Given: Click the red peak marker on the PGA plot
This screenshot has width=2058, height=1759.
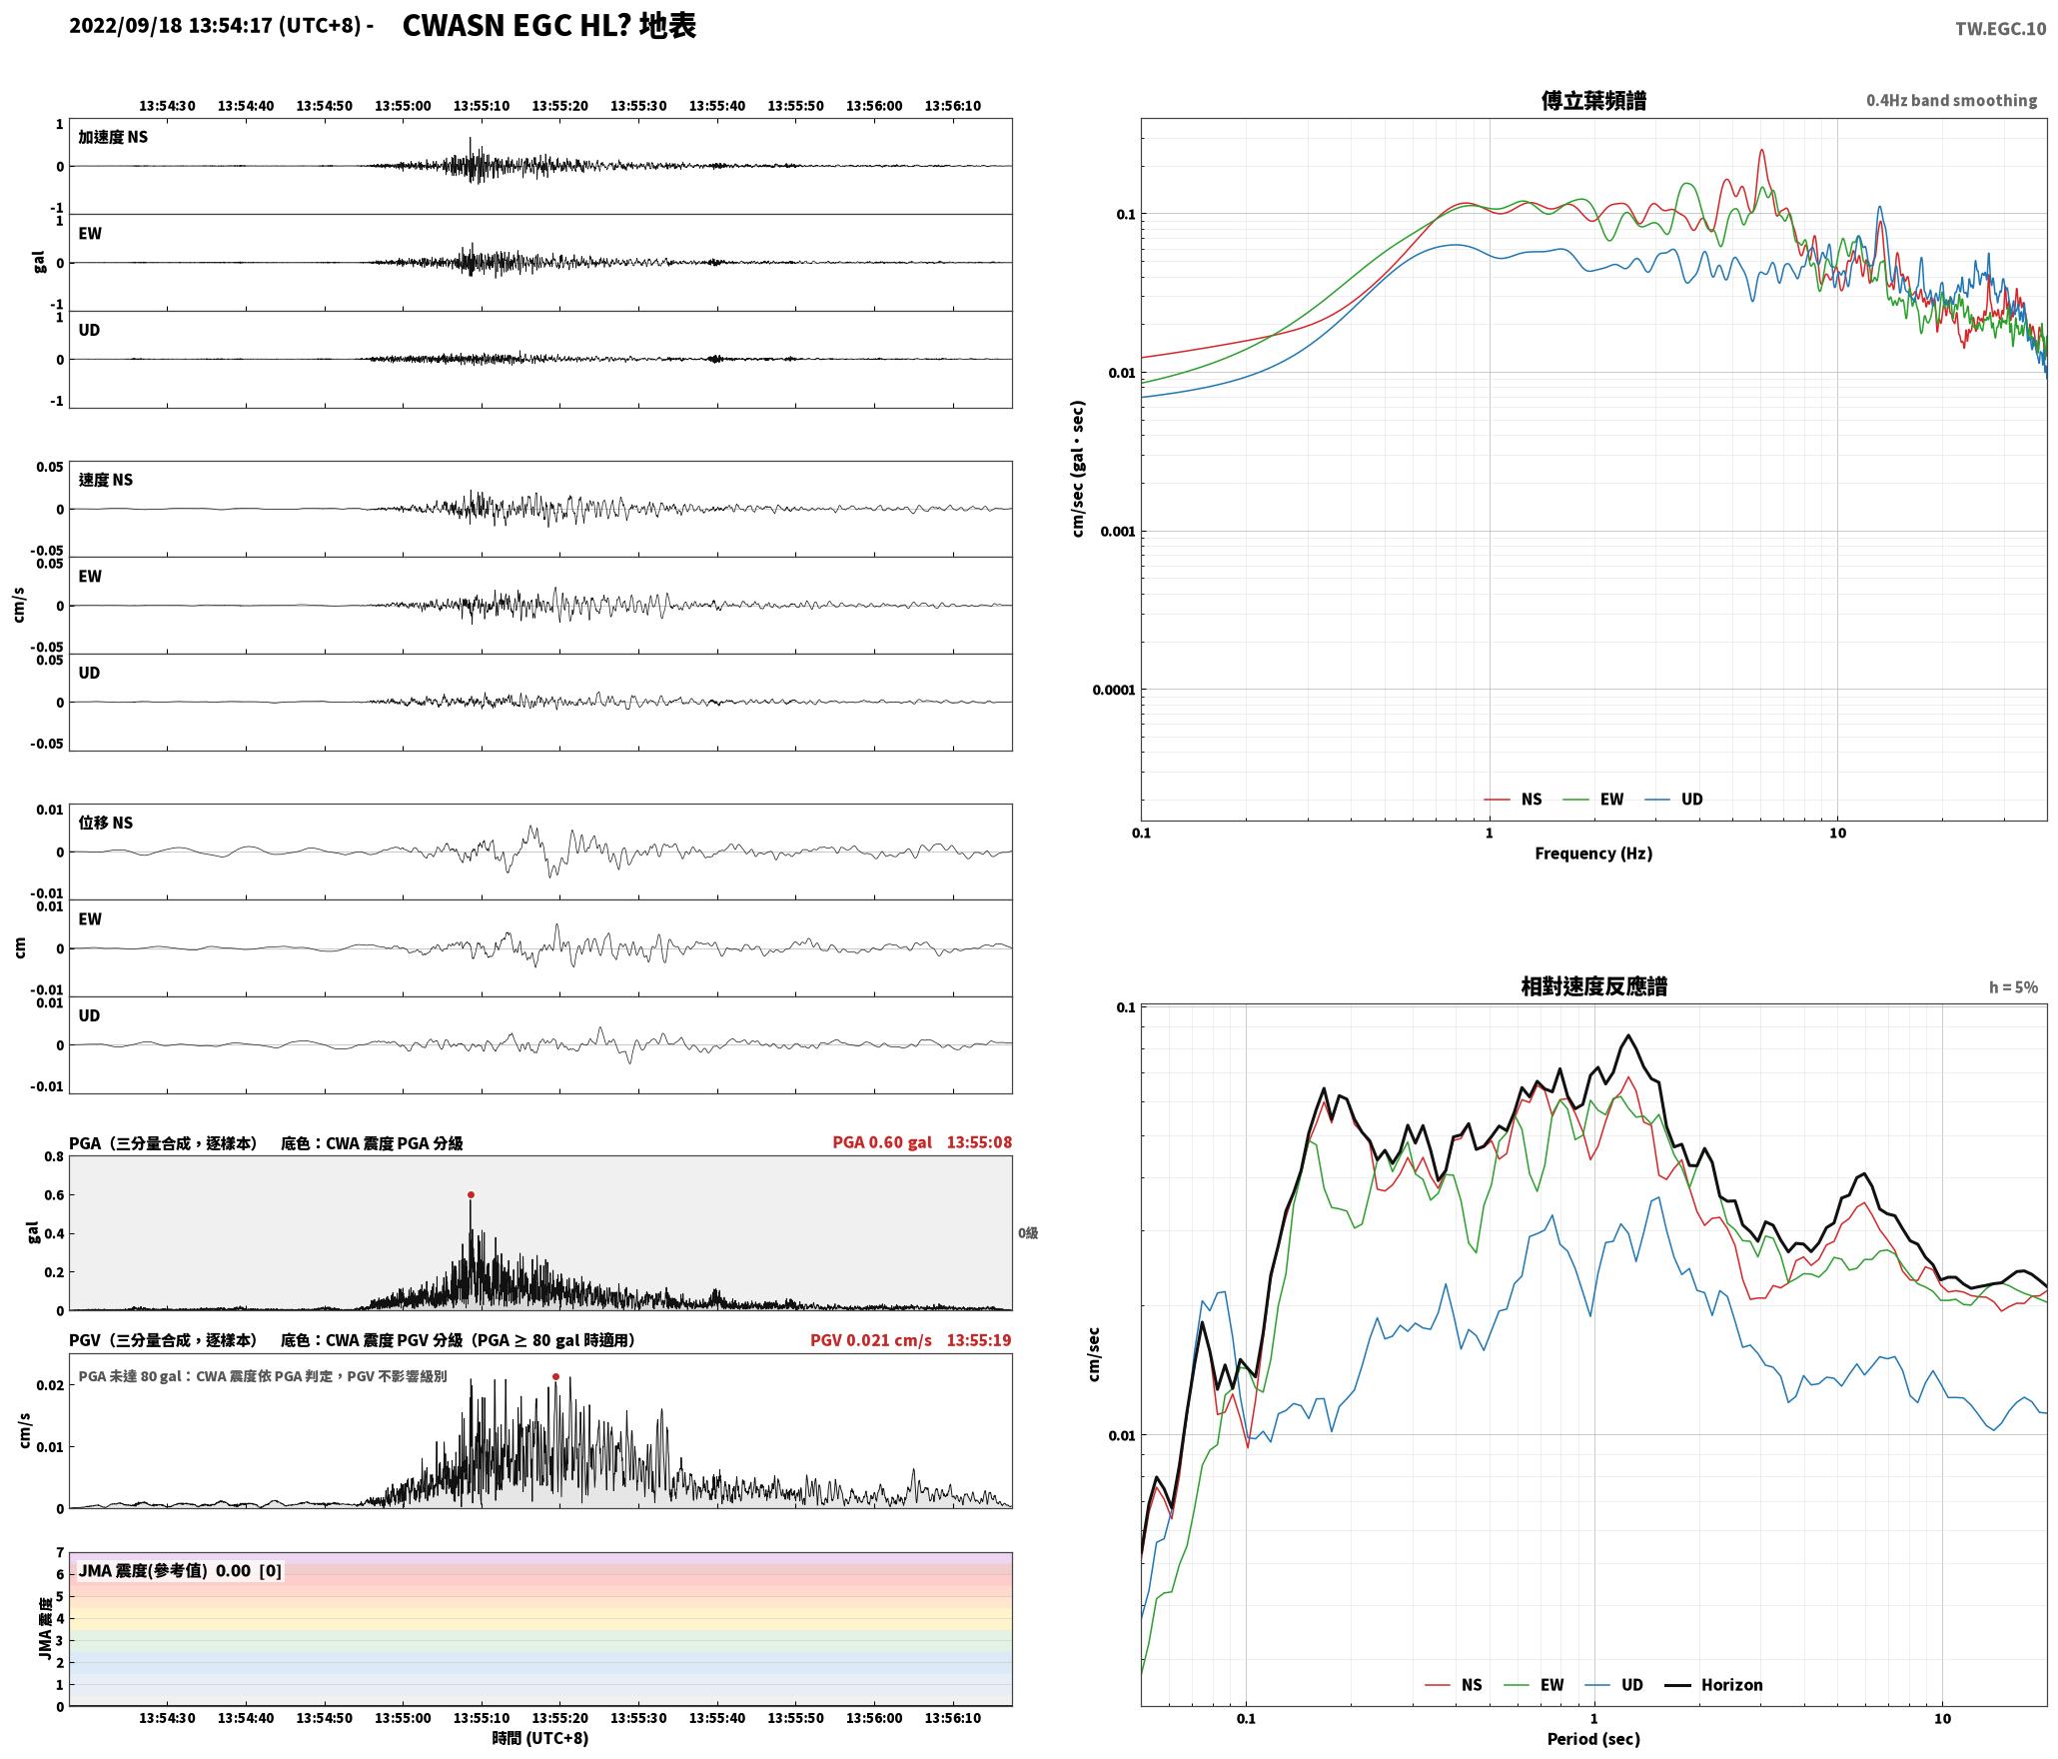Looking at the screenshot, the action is click(x=471, y=1194).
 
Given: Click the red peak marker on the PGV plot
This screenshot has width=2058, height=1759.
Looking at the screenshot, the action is click(x=555, y=1376).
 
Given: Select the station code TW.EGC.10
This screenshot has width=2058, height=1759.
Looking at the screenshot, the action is click(x=2000, y=29).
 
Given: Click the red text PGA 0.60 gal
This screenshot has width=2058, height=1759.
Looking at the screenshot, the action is click(x=882, y=1142).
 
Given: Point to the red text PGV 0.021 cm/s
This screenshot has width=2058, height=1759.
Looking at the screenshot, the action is click(x=871, y=1340).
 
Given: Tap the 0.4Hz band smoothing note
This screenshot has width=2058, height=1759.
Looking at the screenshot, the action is click(x=1951, y=100).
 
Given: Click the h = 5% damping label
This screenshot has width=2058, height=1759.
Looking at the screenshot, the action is click(x=2013, y=987).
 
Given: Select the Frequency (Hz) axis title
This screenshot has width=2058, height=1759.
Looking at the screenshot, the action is click(x=1593, y=853).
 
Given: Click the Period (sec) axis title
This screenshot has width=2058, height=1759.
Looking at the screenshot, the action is click(x=1593, y=1738).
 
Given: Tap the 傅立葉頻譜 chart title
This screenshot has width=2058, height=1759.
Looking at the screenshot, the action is click(x=1593, y=100).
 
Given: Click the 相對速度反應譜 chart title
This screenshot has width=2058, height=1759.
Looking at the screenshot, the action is click(x=1593, y=986).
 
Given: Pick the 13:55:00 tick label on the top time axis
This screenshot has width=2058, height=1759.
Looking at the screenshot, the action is click(x=403, y=105).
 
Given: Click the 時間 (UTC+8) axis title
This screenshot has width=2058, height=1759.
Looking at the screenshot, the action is click(x=540, y=1738).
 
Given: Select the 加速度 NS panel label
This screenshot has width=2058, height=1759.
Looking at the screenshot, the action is click(x=113, y=137).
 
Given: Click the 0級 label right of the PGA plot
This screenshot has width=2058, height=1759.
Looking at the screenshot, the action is click(x=1028, y=1233).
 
